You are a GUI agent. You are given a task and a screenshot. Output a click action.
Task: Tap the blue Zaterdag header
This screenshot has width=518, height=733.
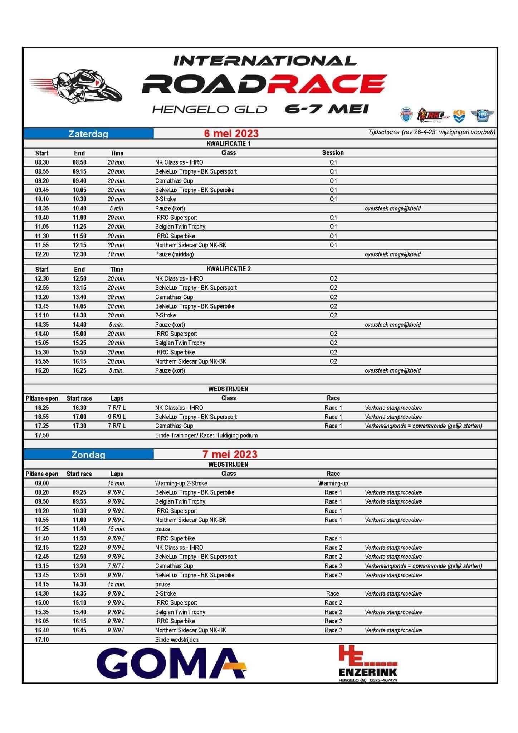88,134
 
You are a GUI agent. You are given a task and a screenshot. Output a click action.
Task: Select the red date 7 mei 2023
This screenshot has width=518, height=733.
230,454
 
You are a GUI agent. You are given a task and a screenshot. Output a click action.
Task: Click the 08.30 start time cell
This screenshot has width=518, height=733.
42,162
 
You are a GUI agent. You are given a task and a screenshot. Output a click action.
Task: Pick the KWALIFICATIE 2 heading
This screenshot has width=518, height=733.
229,269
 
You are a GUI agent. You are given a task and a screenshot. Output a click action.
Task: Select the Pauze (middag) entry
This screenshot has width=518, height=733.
175,254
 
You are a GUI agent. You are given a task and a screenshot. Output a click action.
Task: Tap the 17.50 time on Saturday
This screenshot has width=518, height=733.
42,435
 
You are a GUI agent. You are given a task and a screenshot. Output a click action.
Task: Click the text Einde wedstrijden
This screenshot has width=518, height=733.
177,639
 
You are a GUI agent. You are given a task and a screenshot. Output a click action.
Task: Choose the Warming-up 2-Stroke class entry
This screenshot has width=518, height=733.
181,483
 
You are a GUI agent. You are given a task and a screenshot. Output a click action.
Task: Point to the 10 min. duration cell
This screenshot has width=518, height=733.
117,254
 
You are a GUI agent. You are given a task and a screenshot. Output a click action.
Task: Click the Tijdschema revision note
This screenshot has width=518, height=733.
432,132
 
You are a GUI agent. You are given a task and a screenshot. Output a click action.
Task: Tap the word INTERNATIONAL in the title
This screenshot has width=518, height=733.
265,61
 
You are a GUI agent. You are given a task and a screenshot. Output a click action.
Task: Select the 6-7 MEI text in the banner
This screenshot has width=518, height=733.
327,109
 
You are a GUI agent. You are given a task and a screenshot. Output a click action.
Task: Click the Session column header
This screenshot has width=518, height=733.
333,153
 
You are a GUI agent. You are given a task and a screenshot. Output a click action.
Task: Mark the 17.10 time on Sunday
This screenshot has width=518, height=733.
42,639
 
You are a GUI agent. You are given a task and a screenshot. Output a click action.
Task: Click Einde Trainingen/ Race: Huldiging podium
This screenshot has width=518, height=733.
206,435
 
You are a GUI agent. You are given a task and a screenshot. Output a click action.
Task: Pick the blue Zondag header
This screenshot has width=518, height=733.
88,455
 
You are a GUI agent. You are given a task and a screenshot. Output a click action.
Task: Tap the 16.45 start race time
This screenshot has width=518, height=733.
79,630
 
